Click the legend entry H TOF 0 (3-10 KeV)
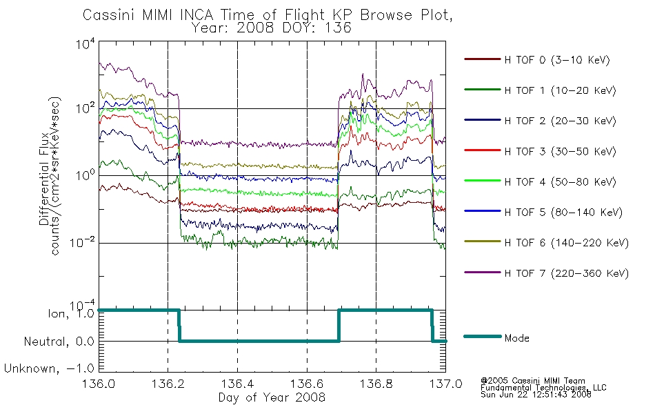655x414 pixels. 557,60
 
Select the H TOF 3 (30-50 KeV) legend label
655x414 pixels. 560,151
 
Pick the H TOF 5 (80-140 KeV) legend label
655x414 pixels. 563,213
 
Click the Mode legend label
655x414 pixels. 516,338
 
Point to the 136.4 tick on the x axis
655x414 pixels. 237,384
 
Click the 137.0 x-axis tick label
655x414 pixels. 445,384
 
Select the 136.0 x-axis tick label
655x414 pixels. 99,384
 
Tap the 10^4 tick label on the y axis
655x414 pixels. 85,44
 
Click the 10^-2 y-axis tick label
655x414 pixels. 82,242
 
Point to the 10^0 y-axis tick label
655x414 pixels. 85,175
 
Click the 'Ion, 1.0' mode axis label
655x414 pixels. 71,313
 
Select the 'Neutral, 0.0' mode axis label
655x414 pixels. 59,342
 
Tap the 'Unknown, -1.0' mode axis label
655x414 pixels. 49,368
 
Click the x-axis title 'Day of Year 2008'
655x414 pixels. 272,397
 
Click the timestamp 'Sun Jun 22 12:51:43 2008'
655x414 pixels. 536,395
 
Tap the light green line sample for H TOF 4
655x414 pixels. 483,181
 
